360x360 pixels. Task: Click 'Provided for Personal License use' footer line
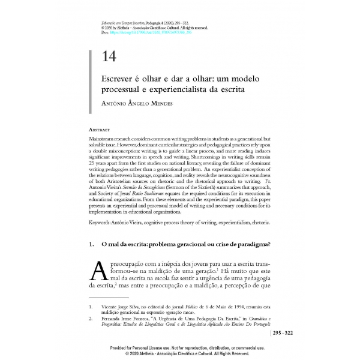point(144,347)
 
